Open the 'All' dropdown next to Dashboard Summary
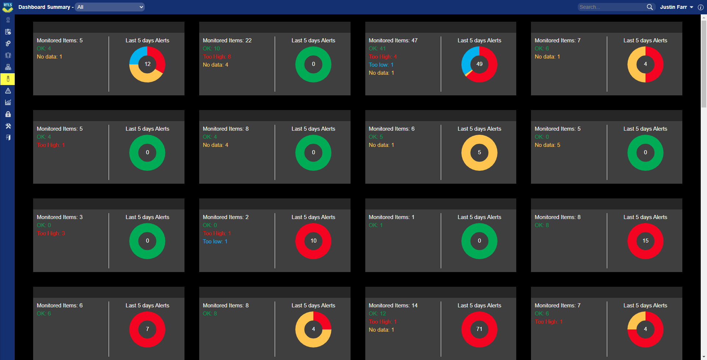[x=109, y=7]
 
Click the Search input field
[x=611, y=7]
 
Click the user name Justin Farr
[x=673, y=7]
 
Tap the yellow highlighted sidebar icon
[x=8, y=79]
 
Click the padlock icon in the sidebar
[x=8, y=114]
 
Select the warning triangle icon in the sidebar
[x=8, y=91]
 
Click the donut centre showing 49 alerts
[x=479, y=64]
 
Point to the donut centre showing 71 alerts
[x=479, y=329]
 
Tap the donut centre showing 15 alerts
[x=645, y=241]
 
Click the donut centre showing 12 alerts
[x=147, y=64]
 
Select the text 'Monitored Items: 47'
[x=393, y=40]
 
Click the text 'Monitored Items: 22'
[x=227, y=40]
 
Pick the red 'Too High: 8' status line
[x=217, y=57]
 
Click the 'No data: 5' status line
[x=547, y=145]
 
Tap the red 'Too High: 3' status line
[x=51, y=233]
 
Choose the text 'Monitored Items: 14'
[x=393, y=306]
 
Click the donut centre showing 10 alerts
[x=313, y=241]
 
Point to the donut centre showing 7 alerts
[x=147, y=329]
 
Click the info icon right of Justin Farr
[x=700, y=7]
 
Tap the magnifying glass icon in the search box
[x=650, y=7]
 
